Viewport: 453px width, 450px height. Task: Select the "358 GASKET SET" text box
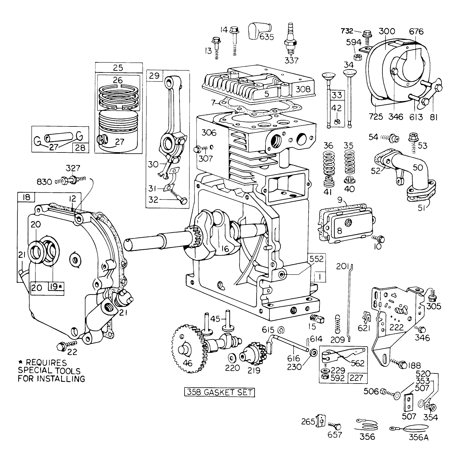pos(219,392)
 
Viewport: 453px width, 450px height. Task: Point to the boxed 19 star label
pos(56,286)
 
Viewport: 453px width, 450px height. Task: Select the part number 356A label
pos(418,437)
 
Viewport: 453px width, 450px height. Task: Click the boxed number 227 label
pos(356,378)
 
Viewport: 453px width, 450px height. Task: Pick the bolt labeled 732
pos(368,34)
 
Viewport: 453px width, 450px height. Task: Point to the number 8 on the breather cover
pos(339,230)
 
